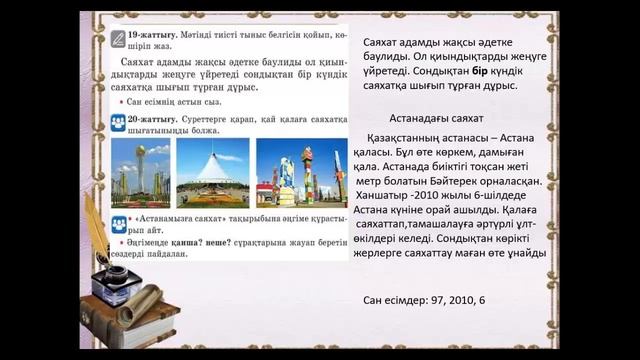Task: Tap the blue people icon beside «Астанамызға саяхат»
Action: pos(118,218)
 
